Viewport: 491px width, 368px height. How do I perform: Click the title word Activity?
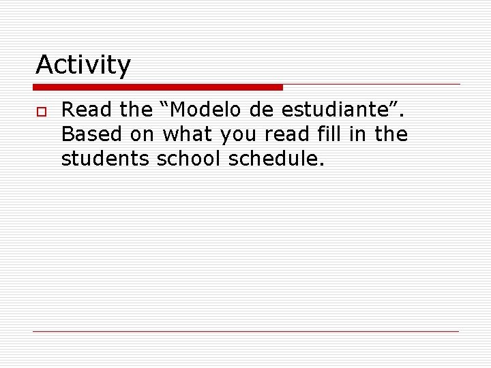tap(83, 65)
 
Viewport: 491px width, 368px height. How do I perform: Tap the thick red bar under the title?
tap(158, 87)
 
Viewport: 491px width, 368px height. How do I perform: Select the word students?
tap(106, 159)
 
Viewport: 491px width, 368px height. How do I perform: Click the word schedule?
tap(273, 159)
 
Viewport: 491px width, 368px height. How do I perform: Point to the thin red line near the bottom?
tap(245, 331)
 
